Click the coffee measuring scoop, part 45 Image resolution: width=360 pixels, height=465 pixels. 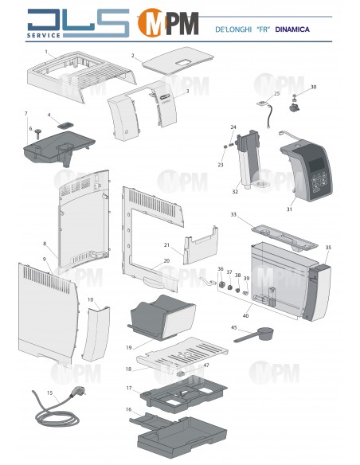point(253,335)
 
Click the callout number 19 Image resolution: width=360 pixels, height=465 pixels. point(128,348)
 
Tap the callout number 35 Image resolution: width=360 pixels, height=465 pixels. point(328,248)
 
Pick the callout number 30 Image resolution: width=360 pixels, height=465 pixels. point(313,87)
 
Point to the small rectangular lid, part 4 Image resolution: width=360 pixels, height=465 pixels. point(62,124)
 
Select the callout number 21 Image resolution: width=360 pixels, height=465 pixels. point(167,244)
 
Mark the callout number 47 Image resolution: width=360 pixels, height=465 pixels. point(206,365)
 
